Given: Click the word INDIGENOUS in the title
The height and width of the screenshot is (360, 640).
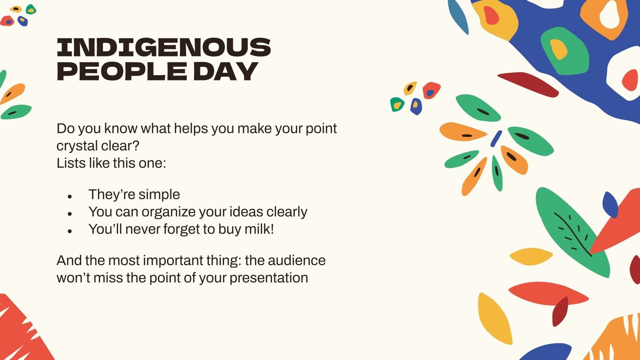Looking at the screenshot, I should click(164, 47).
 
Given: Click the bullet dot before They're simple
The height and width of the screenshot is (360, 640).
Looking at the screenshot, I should click(70, 196).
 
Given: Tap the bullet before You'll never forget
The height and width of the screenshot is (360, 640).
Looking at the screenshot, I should click(70, 231).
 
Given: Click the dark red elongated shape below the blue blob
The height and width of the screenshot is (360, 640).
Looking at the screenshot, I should click(528, 84).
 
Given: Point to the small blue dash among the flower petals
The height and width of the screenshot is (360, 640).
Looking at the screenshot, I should click(496, 138).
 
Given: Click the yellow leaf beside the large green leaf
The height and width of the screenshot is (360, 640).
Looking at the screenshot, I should click(531, 256).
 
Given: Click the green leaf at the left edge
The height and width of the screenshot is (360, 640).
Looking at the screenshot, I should click(16, 112).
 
